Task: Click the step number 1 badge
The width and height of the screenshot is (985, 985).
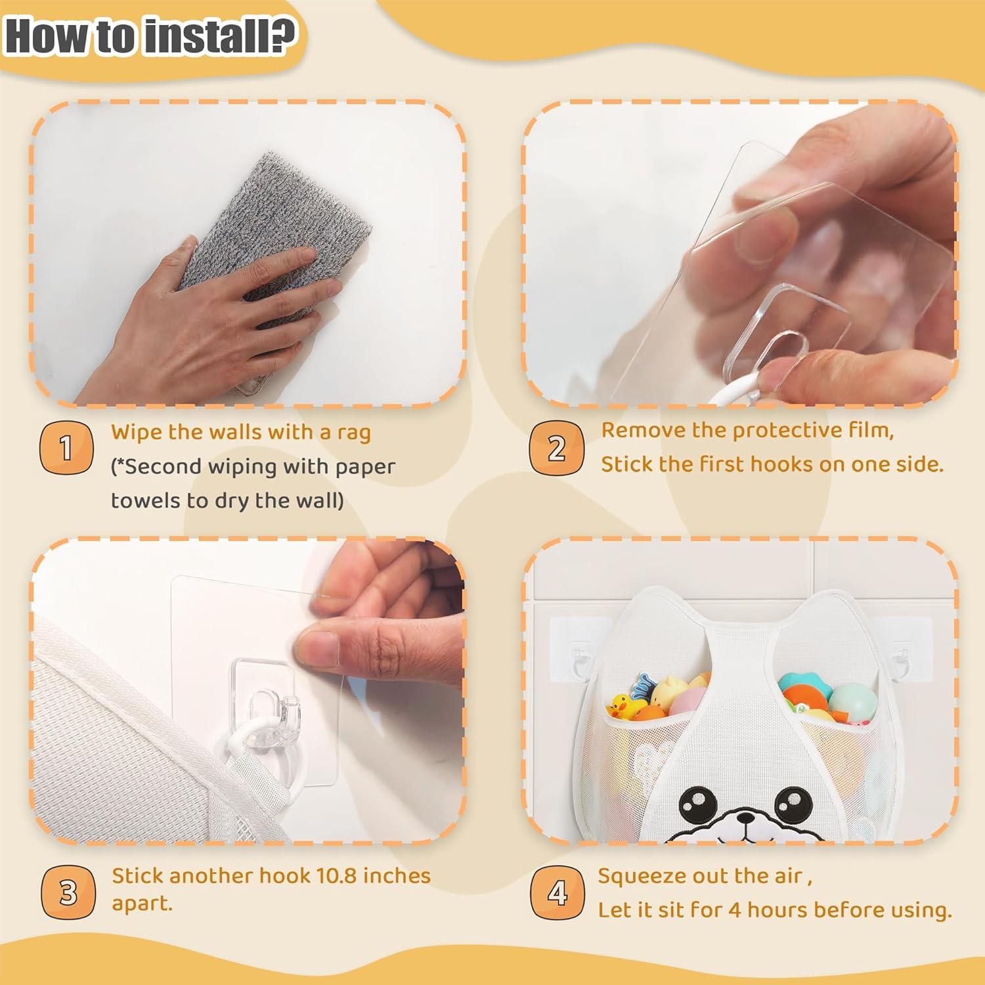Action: (66, 448)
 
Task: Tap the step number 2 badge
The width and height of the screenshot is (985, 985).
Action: (557, 448)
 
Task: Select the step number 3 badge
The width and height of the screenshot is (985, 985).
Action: (68, 892)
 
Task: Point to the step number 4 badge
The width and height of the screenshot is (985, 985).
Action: (558, 892)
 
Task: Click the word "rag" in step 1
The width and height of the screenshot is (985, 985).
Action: (355, 433)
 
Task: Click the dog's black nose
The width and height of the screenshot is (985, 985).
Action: (745, 818)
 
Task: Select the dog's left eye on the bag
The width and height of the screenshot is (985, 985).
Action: (697, 804)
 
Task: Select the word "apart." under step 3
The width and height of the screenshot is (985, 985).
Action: (142, 904)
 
